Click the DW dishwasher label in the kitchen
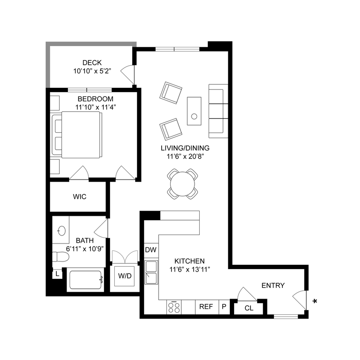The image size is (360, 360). (151, 250)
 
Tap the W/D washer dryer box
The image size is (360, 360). (125, 276)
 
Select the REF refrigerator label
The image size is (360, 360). (206, 306)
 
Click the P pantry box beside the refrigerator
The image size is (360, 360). (224, 306)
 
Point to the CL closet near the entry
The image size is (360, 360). (249, 308)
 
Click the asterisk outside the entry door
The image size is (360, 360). (315, 302)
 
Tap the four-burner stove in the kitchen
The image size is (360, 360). (174, 307)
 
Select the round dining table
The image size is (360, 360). (183, 184)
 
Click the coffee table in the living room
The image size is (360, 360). (194, 111)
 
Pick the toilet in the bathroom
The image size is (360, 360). (60, 257)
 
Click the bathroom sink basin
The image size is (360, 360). (61, 231)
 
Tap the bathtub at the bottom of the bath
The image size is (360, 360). (85, 280)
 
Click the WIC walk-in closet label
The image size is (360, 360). (80, 197)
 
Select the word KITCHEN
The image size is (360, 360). (190, 261)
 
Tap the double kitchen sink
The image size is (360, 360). (151, 273)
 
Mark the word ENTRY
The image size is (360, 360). (273, 285)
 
